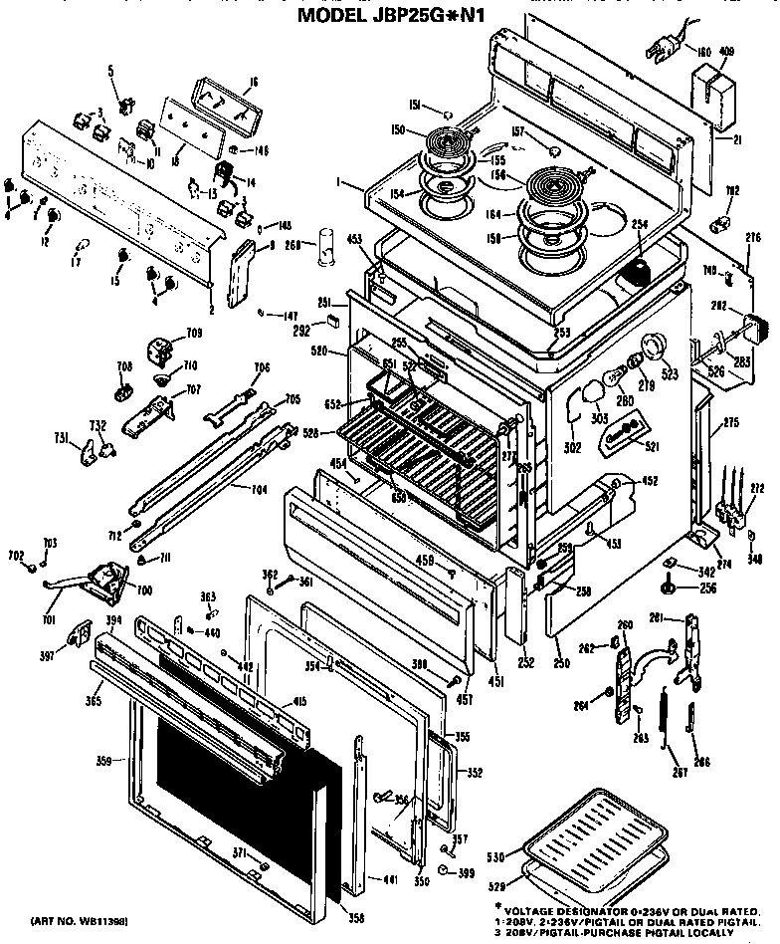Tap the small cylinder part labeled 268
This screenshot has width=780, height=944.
coord(322,248)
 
